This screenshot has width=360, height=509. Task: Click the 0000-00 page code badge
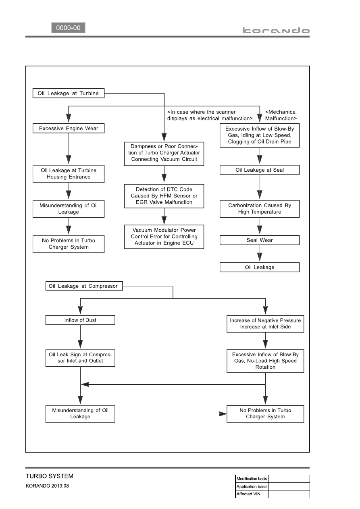pyautogui.click(x=68, y=28)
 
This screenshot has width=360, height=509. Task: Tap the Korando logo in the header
pyautogui.click(x=276, y=31)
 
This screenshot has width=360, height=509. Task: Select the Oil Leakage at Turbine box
pyautogui.click(x=69, y=93)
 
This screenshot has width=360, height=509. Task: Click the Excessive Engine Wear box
pyautogui.click(x=69, y=129)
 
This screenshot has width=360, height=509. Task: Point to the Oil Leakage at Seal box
pyautogui.click(x=260, y=170)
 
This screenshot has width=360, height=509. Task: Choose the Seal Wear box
pyautogui.click(x=260, y=240)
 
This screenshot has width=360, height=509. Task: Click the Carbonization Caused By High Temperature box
pyautogui.click(x=260, y=209)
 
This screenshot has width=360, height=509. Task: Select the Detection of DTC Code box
pyautogui.click(x=164, y=196)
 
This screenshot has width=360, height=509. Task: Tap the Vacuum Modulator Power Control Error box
pyautogui.click(x=164, y=237)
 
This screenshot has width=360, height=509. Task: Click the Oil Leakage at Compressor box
pyautogui.click(x=84, y=286)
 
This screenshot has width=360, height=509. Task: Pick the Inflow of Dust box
pyautogui.click(x=80, y=320)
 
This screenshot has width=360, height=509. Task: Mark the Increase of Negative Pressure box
pyautogui.click(x=265, y=324)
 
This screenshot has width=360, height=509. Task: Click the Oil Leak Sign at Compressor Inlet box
pyautogui.click(x=80, y=357)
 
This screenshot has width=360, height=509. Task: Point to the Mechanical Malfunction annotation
pyautogui.click(x=281, y=115)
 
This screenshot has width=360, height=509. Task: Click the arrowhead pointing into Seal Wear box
pyautogui.click(x=260, y=229)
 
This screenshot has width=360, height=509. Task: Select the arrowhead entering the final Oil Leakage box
pyautogui.click(x=260, y=257)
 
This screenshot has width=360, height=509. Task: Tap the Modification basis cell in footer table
pyautogui.click(x=252, y=478)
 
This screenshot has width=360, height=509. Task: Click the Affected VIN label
pyautogui.click(x=248, y=494)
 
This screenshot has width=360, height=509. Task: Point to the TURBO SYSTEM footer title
pyautogui.click(x=50, y=476)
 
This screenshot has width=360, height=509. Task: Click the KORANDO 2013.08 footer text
pyautogui.click(x=47, y=486)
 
